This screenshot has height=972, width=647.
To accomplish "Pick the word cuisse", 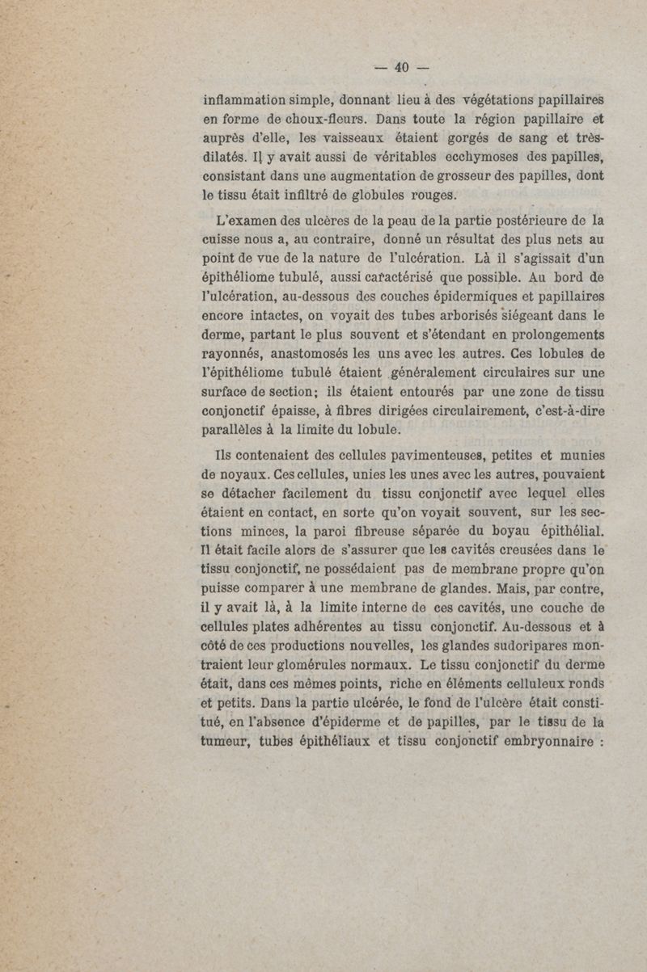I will click(x=224, y=239).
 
